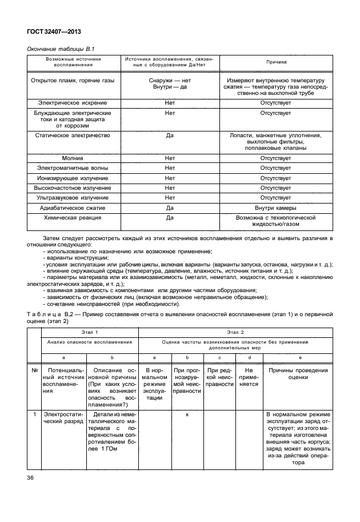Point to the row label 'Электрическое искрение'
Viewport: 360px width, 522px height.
point(72,103)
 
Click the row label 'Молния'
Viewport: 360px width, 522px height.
point(72,158)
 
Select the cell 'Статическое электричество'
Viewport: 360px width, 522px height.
point(72,136)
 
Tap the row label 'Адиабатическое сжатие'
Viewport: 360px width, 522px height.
point(72,208)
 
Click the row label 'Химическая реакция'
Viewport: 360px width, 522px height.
point(72,218)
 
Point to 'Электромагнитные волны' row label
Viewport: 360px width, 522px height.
point(72,168)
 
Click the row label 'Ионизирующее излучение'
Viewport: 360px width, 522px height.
point(72,178)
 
